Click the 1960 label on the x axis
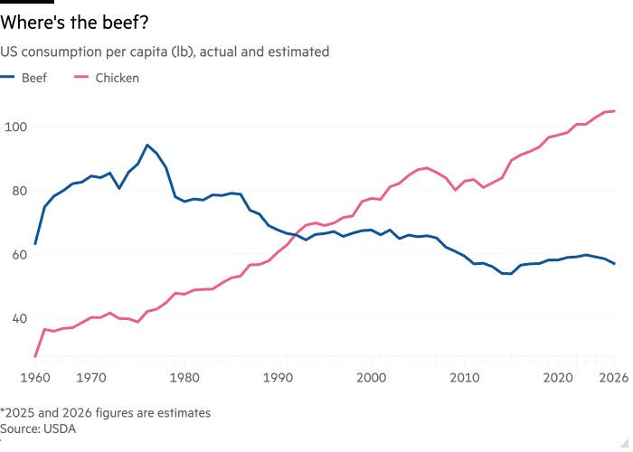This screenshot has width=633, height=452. (35, 377)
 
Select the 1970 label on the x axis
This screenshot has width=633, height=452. (88, 377)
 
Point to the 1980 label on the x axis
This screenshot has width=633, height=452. (184, 377)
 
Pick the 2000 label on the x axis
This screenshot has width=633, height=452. (371, 377)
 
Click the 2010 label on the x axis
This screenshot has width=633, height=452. (465, 377)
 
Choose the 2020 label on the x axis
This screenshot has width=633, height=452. (559, 377)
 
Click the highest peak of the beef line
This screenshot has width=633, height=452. (147, 145)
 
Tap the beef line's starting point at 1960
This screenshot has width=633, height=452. (35, 244)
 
